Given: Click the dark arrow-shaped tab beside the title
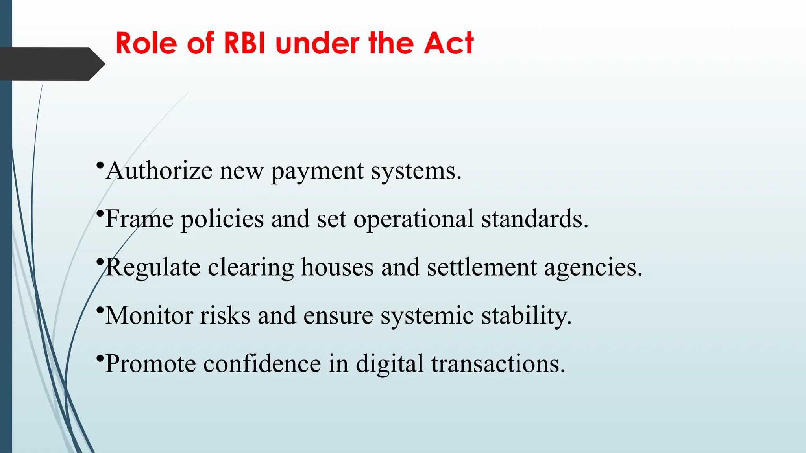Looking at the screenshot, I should pos(51,64).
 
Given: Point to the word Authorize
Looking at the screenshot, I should pos(159,171).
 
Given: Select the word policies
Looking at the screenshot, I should pos(222,219).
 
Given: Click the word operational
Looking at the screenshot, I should pos(413,219).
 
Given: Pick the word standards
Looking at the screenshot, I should pos(534,219).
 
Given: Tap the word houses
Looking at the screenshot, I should pos(337,267).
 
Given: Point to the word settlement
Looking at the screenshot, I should pos(482,267).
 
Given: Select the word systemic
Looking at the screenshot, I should pos(427,316).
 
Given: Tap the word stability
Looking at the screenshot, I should pos(527,316).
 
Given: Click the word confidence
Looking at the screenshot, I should pos(262,364).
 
